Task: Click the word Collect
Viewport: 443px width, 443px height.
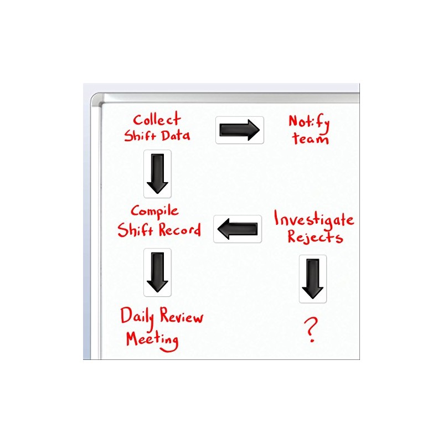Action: (x=157, y=119)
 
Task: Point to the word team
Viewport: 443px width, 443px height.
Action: (x=311, y=138)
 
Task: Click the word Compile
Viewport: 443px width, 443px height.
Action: (x=154, y=211)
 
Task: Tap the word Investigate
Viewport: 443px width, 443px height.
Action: (x=313, y=220)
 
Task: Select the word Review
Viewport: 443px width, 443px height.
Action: (x=182, y=317)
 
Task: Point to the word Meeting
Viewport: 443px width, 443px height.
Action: (x=152, y=339)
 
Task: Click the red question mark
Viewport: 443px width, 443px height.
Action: (x=311, y=331)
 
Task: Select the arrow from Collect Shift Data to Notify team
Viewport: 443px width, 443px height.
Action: (x=239, y=130)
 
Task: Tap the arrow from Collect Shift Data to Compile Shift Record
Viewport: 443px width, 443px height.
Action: (x=157, y=173)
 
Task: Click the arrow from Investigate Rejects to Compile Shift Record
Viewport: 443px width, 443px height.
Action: (x=238, y=229)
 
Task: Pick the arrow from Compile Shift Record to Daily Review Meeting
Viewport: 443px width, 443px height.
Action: (x=157, y=272)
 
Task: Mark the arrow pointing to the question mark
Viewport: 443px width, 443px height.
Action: (x=312, y=279)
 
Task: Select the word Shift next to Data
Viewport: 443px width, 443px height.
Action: (x=141, y=136)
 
